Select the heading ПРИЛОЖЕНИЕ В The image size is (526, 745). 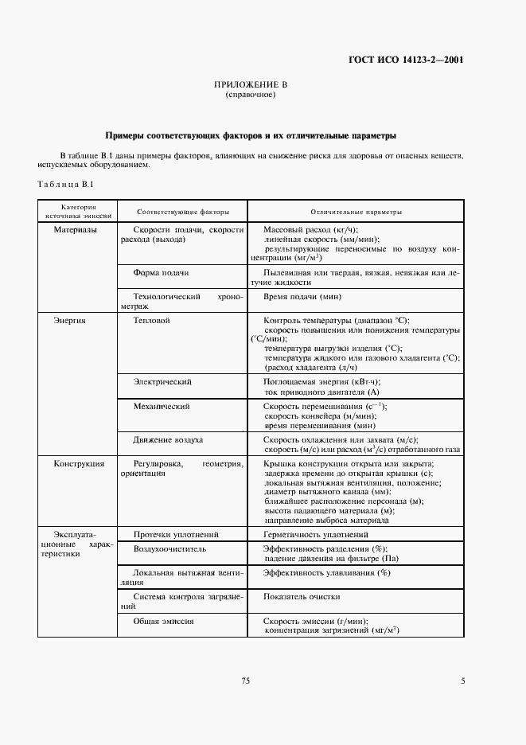tap(251, 84)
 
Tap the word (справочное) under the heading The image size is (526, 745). tap(251, 95)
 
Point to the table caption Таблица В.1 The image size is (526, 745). tap(66, 184)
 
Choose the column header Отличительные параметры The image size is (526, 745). tap(356, 213)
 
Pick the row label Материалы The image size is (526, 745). tap(75, 230)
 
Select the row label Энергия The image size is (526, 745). tap(69, 320)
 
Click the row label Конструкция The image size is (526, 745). tap(79, 463)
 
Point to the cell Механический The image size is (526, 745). tap(161, 406)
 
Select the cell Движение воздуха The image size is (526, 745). tap(168, 439)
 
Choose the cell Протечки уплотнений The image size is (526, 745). tap(176, 535)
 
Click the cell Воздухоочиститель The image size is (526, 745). tap(169, 549)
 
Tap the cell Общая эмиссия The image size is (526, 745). tap(164, 621)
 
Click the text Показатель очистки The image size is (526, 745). tap(302, 597)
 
